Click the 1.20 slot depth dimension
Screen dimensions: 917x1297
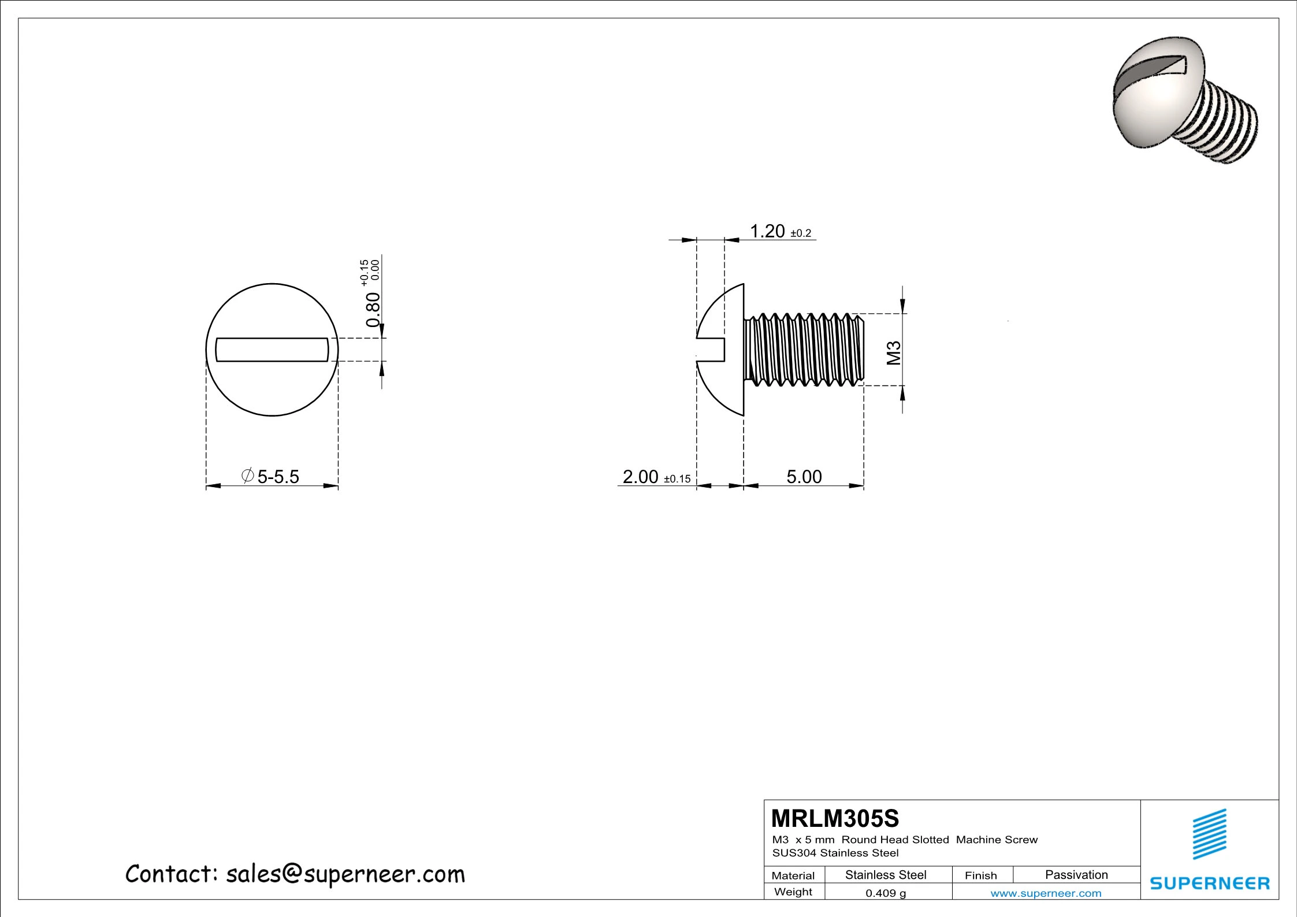[767, 231]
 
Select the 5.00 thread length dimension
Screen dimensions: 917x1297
[804, 477]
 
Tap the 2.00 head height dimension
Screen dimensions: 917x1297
[640, 477]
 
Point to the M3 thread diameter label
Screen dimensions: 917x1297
[894, 353]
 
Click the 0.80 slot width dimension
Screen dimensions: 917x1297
[373, 309]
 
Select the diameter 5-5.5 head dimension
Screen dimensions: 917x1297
[272, 477]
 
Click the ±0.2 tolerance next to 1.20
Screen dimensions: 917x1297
[801, 233]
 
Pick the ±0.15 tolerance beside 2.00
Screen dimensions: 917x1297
[677, 479]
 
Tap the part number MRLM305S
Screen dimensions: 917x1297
[835, 818]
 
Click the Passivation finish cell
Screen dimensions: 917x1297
[1076, 875]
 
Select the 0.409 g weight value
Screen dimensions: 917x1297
[886, 893]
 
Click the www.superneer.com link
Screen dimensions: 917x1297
[1046, 893]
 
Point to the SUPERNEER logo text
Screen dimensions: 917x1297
[1210, 883]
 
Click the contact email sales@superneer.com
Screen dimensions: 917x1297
[345, 874]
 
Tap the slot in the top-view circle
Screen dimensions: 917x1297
[272, 350]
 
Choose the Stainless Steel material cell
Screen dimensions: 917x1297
[886, 875]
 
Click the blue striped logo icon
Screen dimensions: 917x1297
[1210, 834]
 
